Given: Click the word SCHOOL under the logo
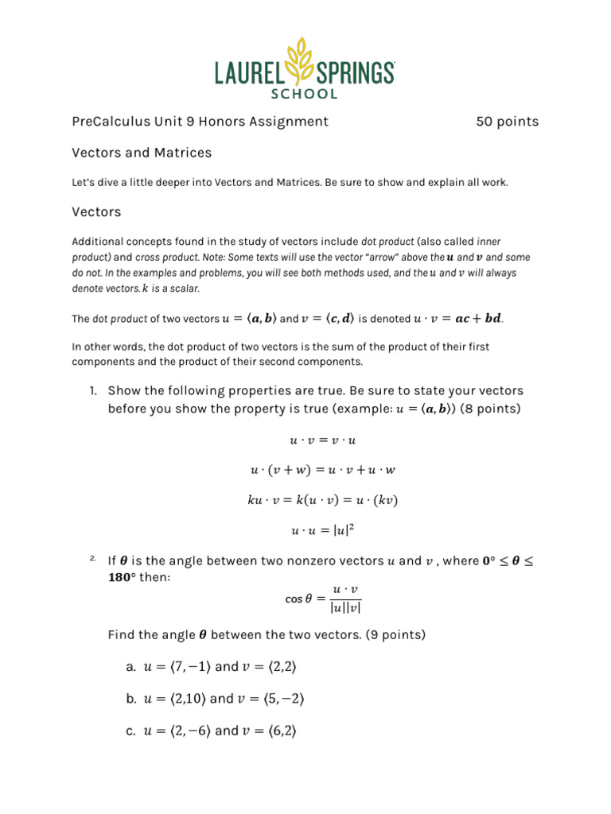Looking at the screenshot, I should (x=305, y=94).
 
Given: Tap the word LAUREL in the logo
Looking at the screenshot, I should (x=250, y=74).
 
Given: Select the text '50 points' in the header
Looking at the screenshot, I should (x=507, y=122).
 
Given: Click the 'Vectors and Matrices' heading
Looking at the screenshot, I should (x=142, y=152).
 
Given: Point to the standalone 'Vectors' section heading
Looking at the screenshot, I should (x=96, y=212).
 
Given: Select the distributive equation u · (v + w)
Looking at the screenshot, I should (x=322, y=470).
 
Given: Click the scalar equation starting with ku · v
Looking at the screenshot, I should (x=322, y=500).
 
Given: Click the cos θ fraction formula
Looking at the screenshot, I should (x=323, y=599).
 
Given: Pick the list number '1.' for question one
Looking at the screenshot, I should (x=92, y=391).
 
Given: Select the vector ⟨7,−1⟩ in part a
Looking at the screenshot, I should (x=188, y=666).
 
